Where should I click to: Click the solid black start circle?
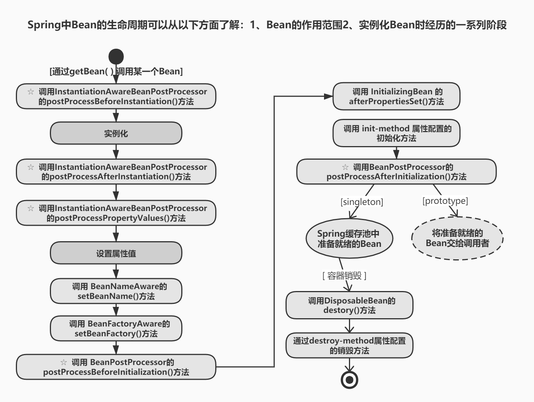tap(116, 56)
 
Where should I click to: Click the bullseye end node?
tap(349, 380)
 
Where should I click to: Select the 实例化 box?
tap(116, 133)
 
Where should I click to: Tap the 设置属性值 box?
tap(116, 253)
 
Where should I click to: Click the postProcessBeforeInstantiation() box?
tap(116, 96)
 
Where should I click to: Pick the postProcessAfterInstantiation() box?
tap(116, 172)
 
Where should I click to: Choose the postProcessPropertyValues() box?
tap(116, 213)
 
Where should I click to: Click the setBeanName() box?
tap(116, 291)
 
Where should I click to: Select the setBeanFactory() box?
tap(116, 328)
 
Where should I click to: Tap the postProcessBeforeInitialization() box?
tap(116, 367)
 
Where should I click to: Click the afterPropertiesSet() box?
tap(396, 96)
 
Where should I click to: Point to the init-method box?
tap(396, 133)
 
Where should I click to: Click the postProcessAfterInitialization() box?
tap(396, 172)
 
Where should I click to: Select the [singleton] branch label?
tap(362, 202)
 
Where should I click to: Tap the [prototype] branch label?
tap(445, 201)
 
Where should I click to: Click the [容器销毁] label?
tap(344, 276)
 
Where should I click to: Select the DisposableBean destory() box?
tap(349, 305)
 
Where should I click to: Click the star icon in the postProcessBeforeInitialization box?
tap(63, 362)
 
